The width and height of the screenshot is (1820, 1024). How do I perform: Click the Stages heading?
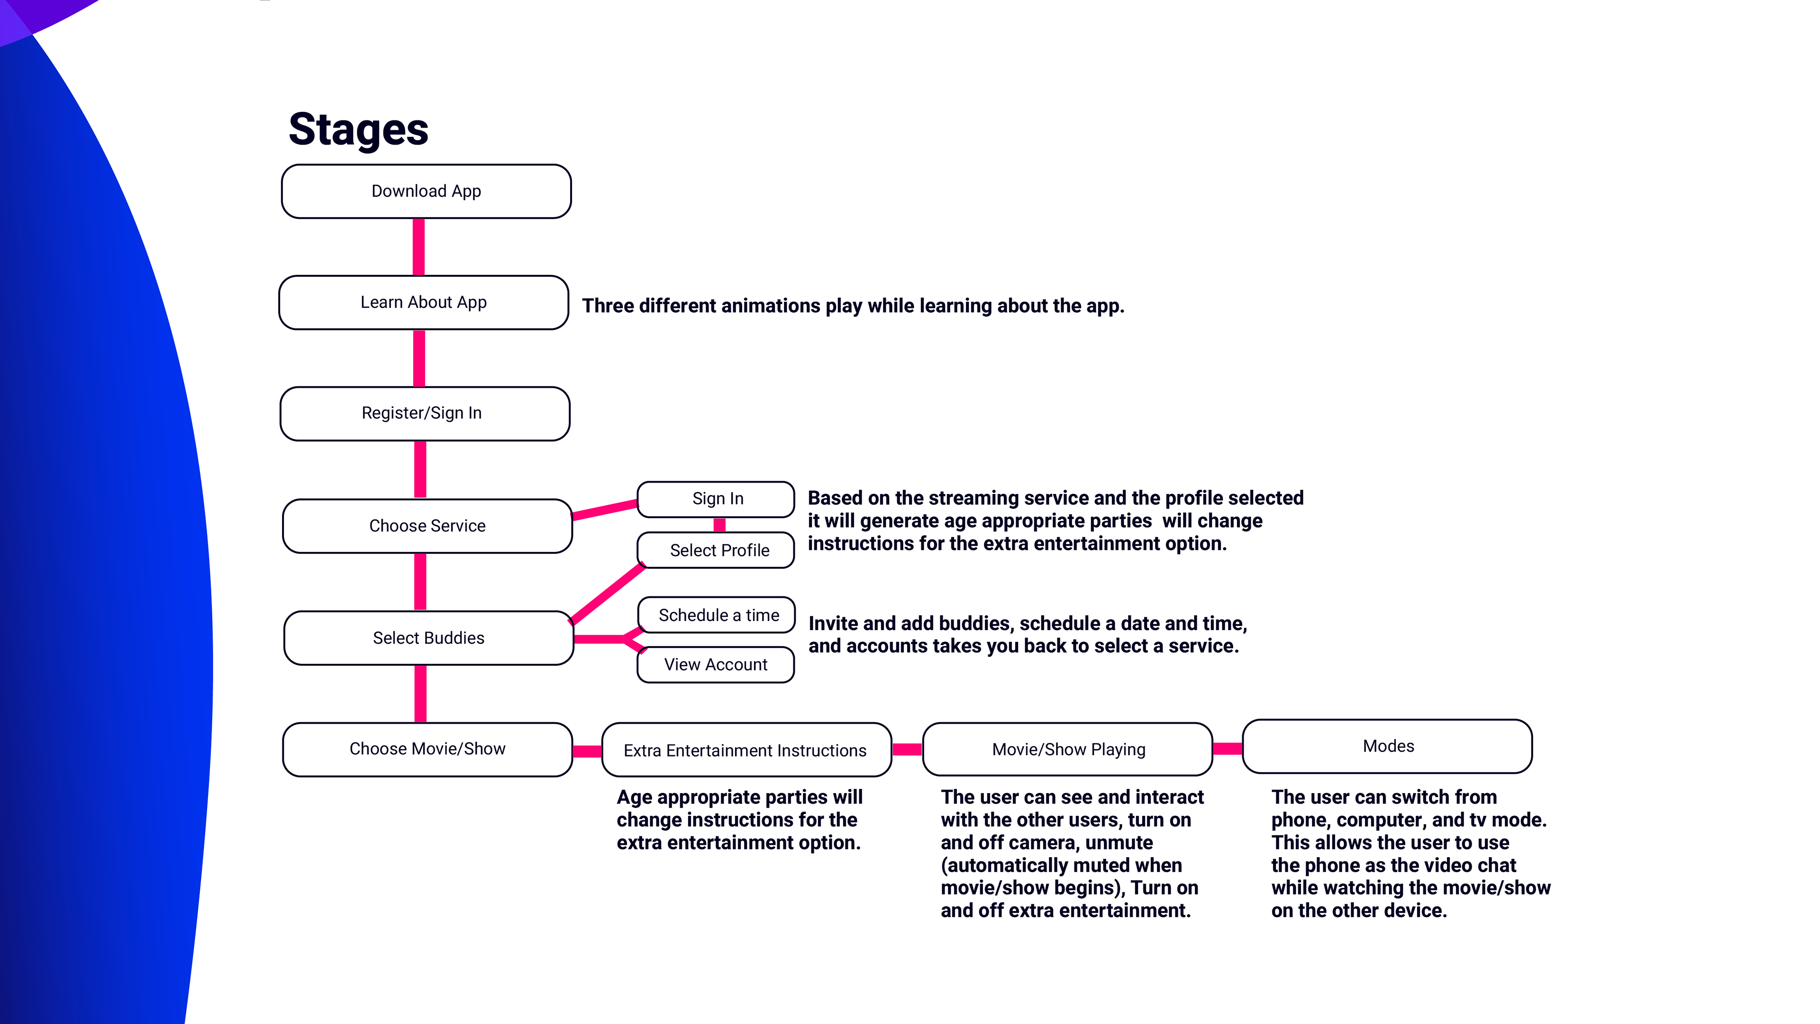pos(358,129)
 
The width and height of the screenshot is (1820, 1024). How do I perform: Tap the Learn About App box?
pos(424,302)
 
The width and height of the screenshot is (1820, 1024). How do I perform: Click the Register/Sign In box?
pos(425,413)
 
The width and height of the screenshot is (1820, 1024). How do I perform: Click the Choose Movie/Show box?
pos(428,749)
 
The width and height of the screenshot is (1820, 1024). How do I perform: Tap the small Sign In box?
pos(716,499)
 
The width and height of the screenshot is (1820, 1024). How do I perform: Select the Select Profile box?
pos(716,550)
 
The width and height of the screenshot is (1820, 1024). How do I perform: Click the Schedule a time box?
pos(717,615)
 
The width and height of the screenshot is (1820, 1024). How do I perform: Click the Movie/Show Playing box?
pos(1067,749)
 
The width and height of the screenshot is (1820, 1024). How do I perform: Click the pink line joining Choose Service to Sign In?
pos(605,510)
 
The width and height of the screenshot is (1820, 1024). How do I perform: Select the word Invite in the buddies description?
pos(834,623)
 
